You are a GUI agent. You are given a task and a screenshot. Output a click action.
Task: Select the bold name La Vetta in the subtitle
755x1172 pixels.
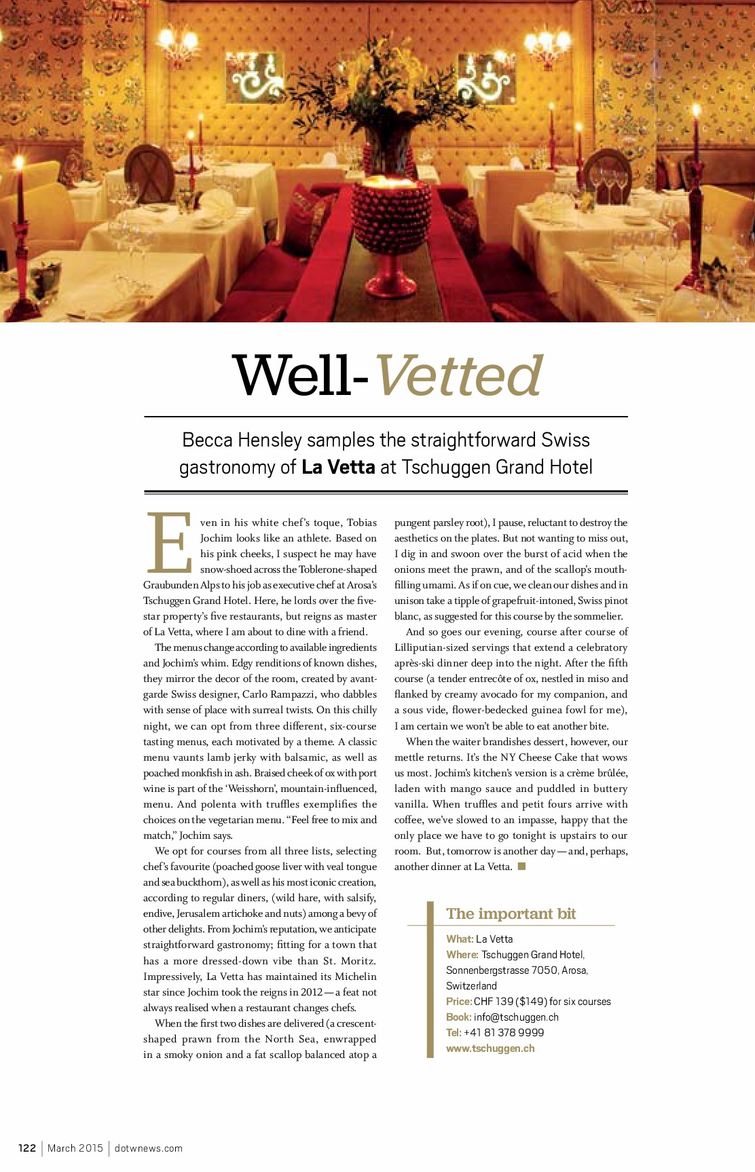[x=338, y=468]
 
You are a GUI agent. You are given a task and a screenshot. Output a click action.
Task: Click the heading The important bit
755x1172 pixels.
[x=511, y=914]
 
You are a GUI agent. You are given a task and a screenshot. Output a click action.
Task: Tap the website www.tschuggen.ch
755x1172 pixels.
[x=490, y=1048]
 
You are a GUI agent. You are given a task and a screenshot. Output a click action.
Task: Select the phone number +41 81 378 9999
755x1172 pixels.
[x=504, y=1033]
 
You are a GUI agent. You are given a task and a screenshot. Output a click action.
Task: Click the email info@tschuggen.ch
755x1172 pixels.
[x=516, y=1017]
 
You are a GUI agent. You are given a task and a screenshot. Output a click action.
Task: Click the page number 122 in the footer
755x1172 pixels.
[x=27, y=1148]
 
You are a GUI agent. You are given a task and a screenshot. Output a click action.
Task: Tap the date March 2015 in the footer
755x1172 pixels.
[x=75, y=1148]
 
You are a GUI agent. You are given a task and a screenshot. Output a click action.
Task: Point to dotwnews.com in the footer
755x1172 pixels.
[x=149, y=1148]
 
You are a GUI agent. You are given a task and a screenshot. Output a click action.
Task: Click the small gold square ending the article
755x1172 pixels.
[x=522, y=866]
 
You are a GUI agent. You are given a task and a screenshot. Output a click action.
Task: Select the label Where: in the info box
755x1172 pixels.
[x=462, y=955]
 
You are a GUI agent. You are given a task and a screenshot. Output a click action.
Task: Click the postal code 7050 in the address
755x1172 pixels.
[x=545, y=970]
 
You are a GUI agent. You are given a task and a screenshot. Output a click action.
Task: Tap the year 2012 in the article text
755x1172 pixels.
[x=312, y=992]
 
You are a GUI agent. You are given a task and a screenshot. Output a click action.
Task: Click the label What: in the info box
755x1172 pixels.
[x=460, y=939]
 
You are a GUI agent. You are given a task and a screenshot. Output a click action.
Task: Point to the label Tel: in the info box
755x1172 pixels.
[x=454, y=1033]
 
